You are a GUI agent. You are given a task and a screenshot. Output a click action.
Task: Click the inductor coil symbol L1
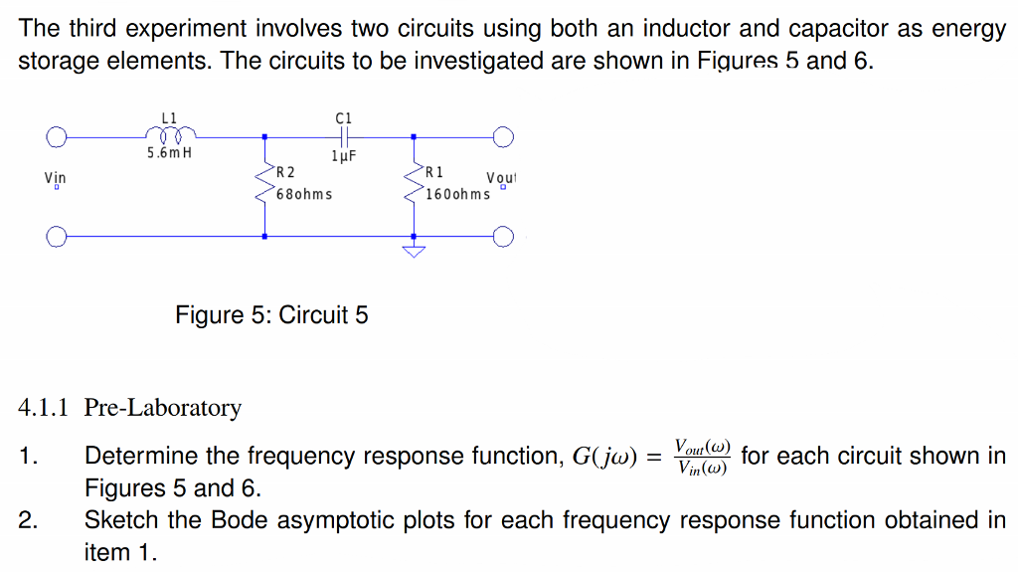pyautogui.click(x=171, y=133)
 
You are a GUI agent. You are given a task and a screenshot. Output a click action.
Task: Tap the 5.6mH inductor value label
pyautogui.click(x=169, y=154)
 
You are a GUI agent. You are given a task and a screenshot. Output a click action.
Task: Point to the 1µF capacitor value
pyautogui.click(x=343, y=156)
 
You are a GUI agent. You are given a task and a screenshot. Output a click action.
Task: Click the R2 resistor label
pyautogui.click(x=285, y=173)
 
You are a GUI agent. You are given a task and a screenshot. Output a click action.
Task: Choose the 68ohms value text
pyautogui.click(x=303, y=193)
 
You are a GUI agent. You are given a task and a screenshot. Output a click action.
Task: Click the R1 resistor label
pyautogui.click(x=433, y=173)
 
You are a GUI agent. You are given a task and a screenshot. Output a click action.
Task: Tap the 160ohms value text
pyautogui.click(x=457, y=193)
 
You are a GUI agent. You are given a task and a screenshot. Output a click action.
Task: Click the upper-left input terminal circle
pyautogui.click(x=58, y=135)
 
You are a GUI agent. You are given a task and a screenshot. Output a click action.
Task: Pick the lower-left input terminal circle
pyautogui.click(x=58, y=237)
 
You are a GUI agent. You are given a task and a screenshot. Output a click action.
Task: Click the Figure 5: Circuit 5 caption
pyautogui.click(x=271, y=315)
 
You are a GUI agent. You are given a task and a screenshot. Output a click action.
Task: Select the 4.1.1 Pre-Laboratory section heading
pyautogui.click(x=130, y=408)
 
